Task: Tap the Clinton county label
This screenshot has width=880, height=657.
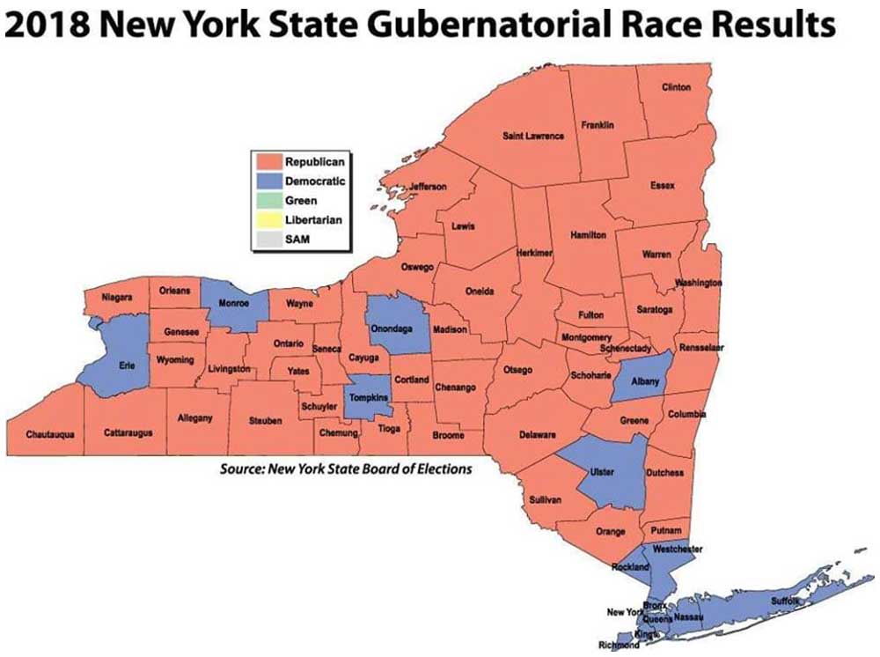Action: pyautogui.click(x=675, y=87)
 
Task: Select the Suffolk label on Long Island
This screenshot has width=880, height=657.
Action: pyautogui.click(x=786, y=601)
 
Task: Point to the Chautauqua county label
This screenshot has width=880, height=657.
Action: pyautogui.click(x=49, y=433)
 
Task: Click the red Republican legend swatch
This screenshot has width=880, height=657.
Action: pyautogui.click(x=268, y=161)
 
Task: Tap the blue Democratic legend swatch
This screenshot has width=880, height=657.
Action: pyautogui.click(x=268, y=181)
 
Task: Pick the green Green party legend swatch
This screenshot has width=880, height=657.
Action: pyautogui.click(x=268, y=200)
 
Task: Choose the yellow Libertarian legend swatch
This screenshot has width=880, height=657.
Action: pyautogui.click(x=268, y=219)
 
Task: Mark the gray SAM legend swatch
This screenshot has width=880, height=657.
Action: pyautogui.click(x=268, y=239)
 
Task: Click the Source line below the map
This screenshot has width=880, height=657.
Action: pyautogui.click(x=345, y=469)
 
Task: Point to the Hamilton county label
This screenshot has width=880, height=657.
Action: pyautogui.click(x=588, y=235)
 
